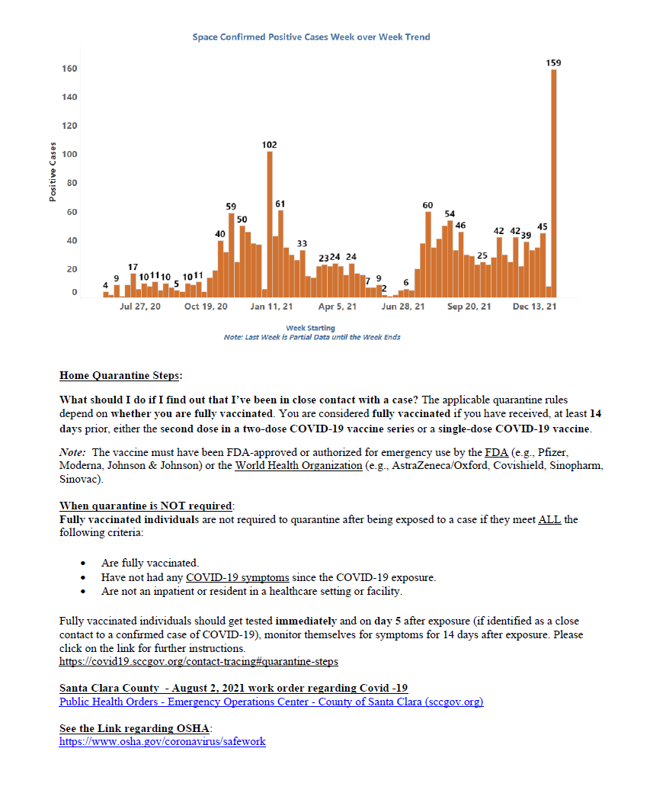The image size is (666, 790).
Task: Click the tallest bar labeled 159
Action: click(x=554, y=183)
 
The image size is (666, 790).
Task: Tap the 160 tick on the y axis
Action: click(x=69, y=69)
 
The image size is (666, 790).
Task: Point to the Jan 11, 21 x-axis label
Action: click(x=273, y=307)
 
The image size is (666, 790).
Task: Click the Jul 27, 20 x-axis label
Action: click(x=140, y=307)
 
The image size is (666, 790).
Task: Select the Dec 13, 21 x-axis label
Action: click(x=534, y=307)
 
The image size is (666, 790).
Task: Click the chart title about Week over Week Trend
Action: click(x=311, y=37)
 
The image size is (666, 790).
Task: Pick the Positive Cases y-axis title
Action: click(x=53, y=172)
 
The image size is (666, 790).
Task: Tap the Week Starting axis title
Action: click(x=310, y=328)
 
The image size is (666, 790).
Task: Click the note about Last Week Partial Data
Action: click(x=312, y=337)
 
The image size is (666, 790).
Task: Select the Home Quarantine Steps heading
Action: click(x=121, y=375)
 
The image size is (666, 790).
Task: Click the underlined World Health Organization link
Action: click(x=298, y=466)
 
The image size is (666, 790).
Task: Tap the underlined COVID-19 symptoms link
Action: click(x=237, y=577)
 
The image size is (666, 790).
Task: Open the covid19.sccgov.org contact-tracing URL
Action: click(x=198, y=661)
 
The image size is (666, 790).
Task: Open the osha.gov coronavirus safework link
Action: click(x=162, y=741)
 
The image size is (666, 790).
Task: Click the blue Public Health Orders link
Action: click(x=271, y=702)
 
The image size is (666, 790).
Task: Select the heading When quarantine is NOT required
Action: click(x=147, y=506)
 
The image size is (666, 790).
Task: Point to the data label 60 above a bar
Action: click(x=427, y=206)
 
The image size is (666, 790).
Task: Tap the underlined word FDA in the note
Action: click(x=495, y=452)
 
